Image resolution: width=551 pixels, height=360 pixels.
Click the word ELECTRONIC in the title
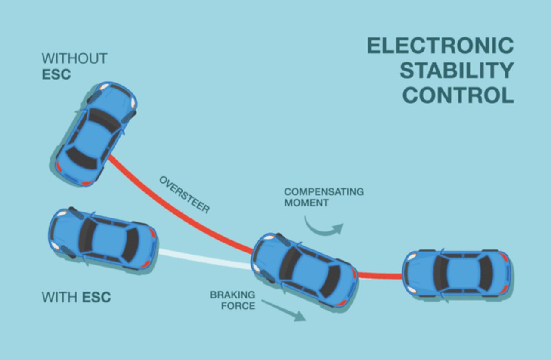tap(440, 46)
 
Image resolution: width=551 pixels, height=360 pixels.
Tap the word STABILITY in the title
tap(457, 71)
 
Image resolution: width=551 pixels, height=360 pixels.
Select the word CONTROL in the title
tap(458, 95)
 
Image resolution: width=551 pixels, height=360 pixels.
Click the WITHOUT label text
tap(74, 58)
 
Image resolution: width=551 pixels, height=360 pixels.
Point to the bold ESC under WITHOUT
tap(56, 74)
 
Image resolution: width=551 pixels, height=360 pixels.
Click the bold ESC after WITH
tap(96, 297)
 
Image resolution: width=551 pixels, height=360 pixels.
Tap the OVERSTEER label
tap(185, 194)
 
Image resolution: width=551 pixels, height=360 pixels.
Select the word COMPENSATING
tap(324, 191)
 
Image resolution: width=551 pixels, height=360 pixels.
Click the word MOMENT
tap(306, 203)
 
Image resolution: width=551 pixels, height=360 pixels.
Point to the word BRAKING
tap(232, 295)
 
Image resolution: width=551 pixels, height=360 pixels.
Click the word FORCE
tap(239, 306)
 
